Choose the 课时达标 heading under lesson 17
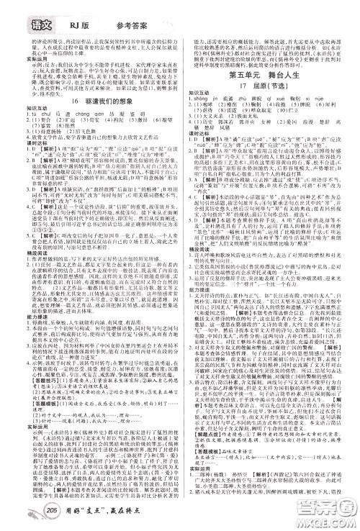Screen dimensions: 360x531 point(199,133)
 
